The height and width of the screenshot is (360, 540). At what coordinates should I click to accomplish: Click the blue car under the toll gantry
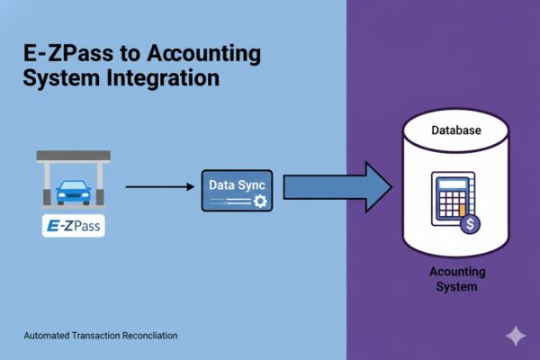(74, 192)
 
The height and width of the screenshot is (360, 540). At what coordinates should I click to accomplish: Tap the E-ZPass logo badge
(74, 225)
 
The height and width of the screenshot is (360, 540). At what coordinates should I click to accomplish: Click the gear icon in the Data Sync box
(260, 202)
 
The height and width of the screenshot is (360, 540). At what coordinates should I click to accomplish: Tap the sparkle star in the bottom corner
(516, 336)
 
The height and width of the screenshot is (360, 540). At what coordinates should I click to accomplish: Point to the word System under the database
(456, 287)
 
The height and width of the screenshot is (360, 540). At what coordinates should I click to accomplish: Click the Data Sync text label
(231, 184)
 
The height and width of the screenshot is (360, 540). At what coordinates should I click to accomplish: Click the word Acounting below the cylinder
(456, 273)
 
